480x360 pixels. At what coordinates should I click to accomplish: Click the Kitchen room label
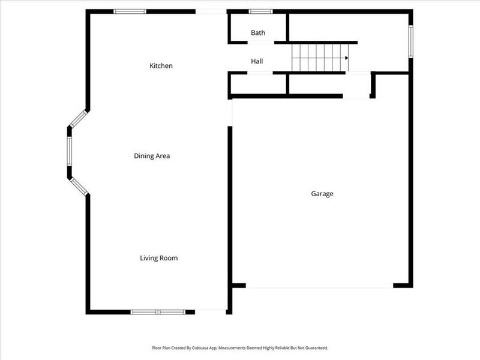161,65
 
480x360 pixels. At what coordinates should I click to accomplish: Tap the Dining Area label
152,156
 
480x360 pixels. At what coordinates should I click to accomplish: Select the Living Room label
159,258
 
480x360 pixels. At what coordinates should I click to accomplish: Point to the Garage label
322,194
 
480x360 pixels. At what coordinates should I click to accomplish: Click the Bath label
258,33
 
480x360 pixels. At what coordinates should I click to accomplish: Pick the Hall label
257,61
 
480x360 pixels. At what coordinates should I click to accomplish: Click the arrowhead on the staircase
347,58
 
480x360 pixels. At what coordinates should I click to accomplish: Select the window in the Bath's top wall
261,11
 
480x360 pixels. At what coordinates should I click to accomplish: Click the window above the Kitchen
130,11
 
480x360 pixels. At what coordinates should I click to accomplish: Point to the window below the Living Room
158,312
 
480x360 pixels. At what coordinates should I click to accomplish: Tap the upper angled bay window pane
79,118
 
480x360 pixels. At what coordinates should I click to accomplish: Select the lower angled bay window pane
79,186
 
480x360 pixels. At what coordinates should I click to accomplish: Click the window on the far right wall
411,41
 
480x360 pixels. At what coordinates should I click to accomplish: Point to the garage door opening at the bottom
319,286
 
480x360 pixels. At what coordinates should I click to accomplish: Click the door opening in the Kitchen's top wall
211,11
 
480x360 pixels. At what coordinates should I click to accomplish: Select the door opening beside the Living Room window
211,311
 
